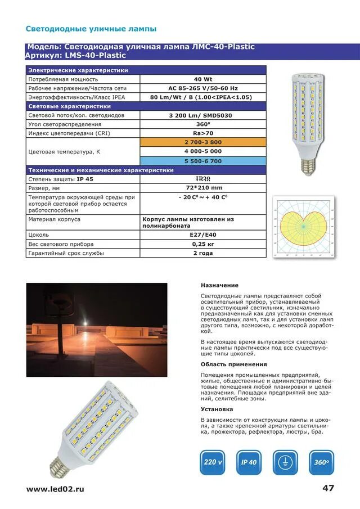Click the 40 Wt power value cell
click(x=202, y=79)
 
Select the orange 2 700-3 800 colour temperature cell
click(x=202, y=142)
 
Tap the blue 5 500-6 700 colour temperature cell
click(x=202, y=161)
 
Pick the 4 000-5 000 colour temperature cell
click(x=202, y=151)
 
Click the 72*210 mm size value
click(x=202, y=188)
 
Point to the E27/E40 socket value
click(x=202, y=235)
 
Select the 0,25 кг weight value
click(x=202, y=244)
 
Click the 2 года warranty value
click(x=202, y=254)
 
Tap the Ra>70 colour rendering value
click(x=202, y=133)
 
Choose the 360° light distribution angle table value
click(x=202, y=124)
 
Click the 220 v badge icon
click(x=213, y=462)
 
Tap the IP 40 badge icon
click(x=249, y=462)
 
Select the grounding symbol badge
click(x=285, y=462)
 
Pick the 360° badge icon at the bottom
click(x=321, y=462)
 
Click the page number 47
click(x=328, y=488)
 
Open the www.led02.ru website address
click(x=55, y=489)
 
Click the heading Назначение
click(x=219, y=285)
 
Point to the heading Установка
click(x=217, y=409)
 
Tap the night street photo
click(x=96, y=329)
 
